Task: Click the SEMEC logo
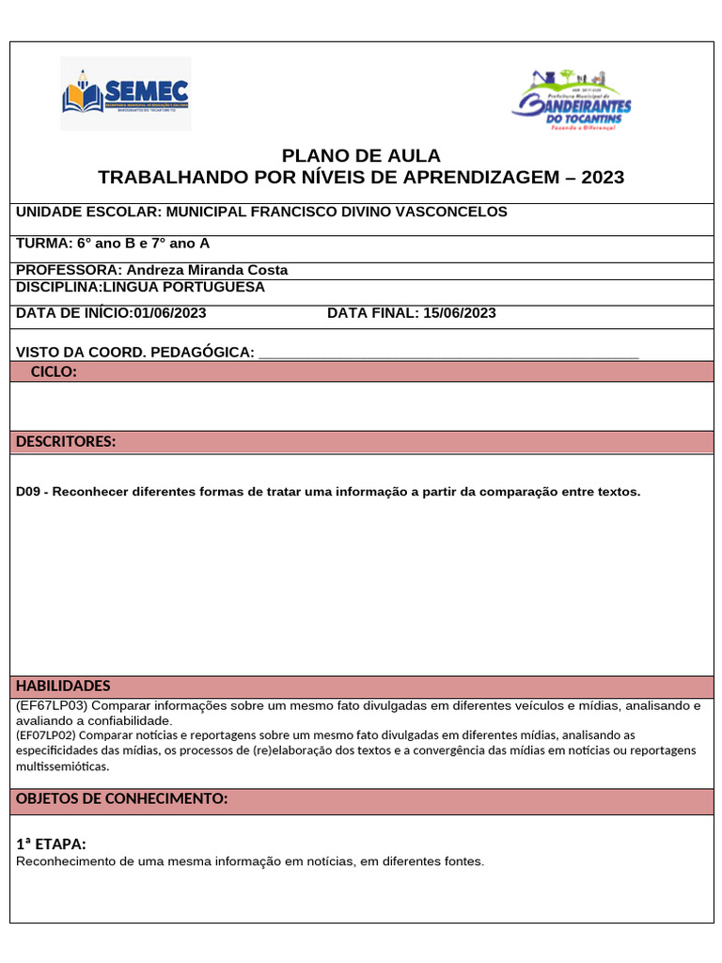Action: pos(125,93)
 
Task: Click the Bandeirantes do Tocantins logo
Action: pos(572,102)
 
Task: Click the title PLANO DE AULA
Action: pos(361,156)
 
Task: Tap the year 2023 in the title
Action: pos(603,178)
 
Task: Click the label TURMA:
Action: pos(44,244)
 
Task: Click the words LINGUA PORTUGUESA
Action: pos(184,287)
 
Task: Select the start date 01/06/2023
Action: pos(170,313)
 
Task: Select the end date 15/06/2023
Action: pos(460,313)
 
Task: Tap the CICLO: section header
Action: pos(54,372)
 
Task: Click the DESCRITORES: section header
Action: pos(66,442)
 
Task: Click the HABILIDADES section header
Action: pos(63,687)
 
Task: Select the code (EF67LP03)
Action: pos(52,705)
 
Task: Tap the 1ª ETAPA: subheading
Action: pos(52,845)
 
